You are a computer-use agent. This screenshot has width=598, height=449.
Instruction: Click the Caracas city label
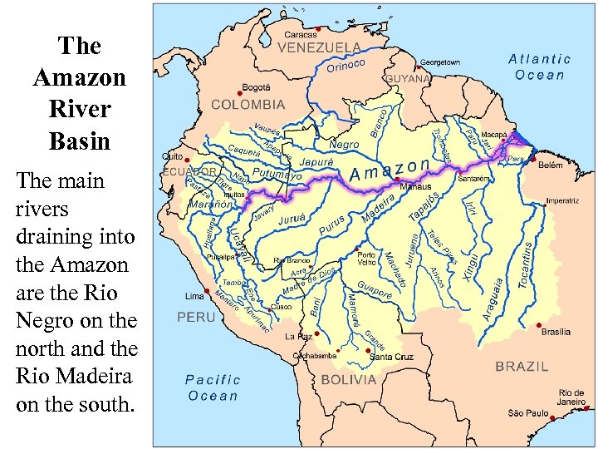coord(300,35)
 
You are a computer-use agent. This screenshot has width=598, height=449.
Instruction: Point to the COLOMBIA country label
coord(248,106)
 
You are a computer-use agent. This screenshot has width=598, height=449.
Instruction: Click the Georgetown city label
coord(439,62)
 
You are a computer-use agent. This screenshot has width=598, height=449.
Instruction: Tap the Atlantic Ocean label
coord(539,67)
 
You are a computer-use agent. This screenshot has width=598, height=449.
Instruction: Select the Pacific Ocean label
coord(213,387)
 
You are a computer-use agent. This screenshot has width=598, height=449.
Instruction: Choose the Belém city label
coord(550,166)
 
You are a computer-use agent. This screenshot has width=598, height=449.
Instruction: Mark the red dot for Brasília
coord(540,325)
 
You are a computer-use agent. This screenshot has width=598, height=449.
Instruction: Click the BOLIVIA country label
coord(350,380)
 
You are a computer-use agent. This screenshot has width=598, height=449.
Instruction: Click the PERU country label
coord(196,317)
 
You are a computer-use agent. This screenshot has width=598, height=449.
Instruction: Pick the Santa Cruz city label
coord(391,358)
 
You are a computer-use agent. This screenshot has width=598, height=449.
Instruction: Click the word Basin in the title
coord(80,141)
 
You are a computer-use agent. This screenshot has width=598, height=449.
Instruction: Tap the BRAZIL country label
coord(522,366)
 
